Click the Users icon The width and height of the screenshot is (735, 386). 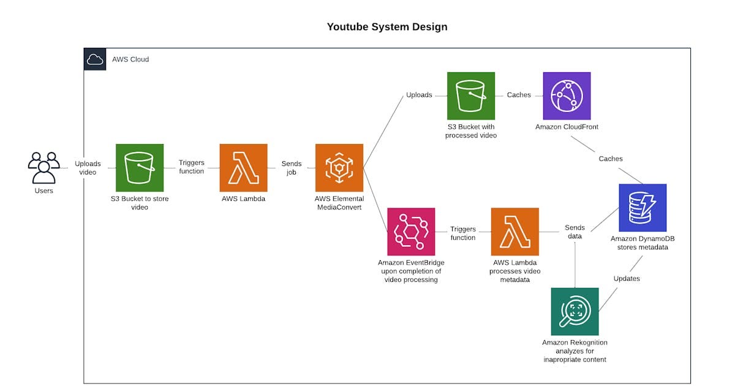click(x=44, y=167)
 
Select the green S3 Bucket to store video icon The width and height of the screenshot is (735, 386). click(x=140, y=168)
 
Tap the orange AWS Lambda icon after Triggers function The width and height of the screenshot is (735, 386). click(x=244, y=168)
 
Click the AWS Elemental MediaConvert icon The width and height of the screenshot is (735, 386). click(x=339, y=168)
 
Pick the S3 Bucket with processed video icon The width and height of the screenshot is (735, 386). click(x=471, y=96)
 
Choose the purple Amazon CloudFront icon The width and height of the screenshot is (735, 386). click(x=567, y=96)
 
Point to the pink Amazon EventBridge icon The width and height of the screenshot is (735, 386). click(x=411, y=232)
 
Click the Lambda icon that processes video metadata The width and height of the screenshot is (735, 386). click(x=515, y=232)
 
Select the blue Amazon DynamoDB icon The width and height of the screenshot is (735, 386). click(x=643, y=208)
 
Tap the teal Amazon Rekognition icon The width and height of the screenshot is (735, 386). click(x=575, y=311)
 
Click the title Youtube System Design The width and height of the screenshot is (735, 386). click(x=387, y=27)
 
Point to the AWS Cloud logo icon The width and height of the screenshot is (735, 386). click(x=95, y=59)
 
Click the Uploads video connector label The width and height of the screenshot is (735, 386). click(x=88, y=168)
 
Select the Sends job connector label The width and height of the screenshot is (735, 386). click(x=292, y=168)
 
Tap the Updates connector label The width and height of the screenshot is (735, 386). click(x=627, y=279)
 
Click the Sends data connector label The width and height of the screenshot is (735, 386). click(x=575, y=232)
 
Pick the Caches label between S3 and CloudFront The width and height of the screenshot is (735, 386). click(x=519, y=95)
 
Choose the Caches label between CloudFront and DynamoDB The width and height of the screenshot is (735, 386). click(x=611, y=159)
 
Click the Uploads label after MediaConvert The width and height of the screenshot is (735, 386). click(x=419, y=95)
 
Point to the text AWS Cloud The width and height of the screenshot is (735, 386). click(x=130, y=59)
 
